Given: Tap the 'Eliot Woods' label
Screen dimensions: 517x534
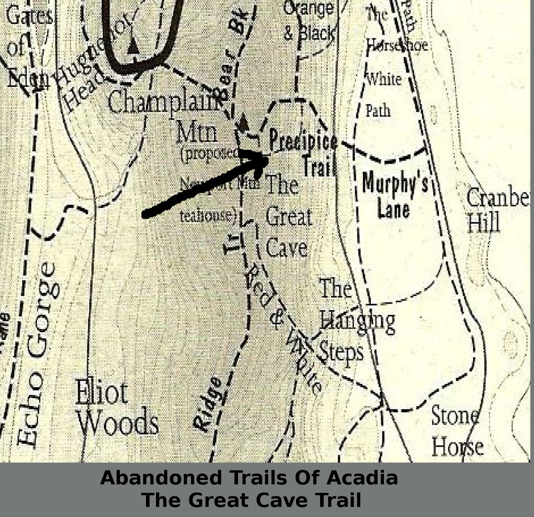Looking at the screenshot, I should pyautogui.click(x=117, y=407).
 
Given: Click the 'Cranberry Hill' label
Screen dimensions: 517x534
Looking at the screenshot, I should pyautogui.click(x=497, y=210).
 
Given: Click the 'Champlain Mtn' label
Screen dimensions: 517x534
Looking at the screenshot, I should pyautogui.click(x=169, y=115).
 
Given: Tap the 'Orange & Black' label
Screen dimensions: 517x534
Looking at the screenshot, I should pyautogui.click(x=309, y=21).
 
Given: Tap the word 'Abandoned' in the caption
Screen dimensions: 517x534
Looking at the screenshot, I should pyautogui.click(x=161, y=478).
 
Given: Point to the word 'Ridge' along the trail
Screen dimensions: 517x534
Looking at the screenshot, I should pyautogui.click(x=207, y=405).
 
